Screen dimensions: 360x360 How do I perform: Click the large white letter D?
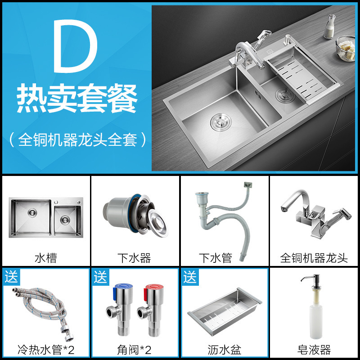click(x=75, y=46)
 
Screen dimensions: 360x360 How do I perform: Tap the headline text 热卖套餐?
click(x=77, y=98)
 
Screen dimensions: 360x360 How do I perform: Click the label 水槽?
click(x=46, y=258)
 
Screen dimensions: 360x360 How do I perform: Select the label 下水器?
click(x=134, y=258)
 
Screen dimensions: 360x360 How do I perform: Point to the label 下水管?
click(x=216, y=258)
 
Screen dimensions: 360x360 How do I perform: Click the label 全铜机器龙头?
click(x=314, y=258)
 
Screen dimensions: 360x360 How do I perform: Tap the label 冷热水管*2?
click(x=46, y=350)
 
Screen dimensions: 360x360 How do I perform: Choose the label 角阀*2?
click(x=134, y=350)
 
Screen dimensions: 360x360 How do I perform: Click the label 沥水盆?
click(x=224, y=350)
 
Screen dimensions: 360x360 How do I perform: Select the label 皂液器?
click(x=314, y=350)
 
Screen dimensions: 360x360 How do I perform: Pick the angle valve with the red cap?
click(x=151, y=310)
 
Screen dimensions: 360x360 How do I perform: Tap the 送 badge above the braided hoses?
click(x=11, y=277)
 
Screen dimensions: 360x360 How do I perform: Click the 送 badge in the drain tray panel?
click(x=190, y=277)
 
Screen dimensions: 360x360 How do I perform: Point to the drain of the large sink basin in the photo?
click(x=221, y=122)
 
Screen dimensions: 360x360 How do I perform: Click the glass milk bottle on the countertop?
click(x=329, y=27)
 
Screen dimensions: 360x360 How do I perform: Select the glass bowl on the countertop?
click(x=346, y=49)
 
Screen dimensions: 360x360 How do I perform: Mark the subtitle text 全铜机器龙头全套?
click(x=77, y=139)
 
